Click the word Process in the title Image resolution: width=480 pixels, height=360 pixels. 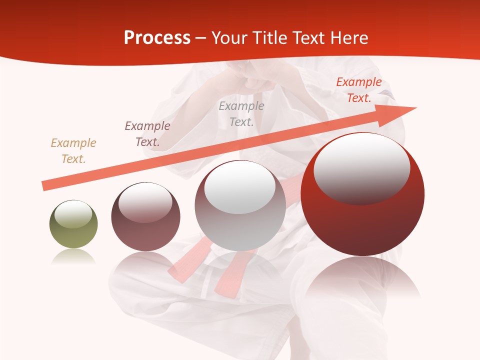(x=157, y=38)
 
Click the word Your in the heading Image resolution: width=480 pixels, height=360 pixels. (x=230, y=38)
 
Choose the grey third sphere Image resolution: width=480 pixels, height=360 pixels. (x=240, y=220)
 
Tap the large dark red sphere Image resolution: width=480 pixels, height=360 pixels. (x=362, y=220)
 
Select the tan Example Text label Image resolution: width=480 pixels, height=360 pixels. (x=73, y=151)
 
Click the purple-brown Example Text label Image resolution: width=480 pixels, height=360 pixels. (x=147, y=134)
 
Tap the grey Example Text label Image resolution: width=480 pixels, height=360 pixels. (x=241, y=114)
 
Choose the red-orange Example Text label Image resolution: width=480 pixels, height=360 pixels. (x=359, y=90)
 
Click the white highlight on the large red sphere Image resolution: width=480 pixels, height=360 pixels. (x=361, y=167)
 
